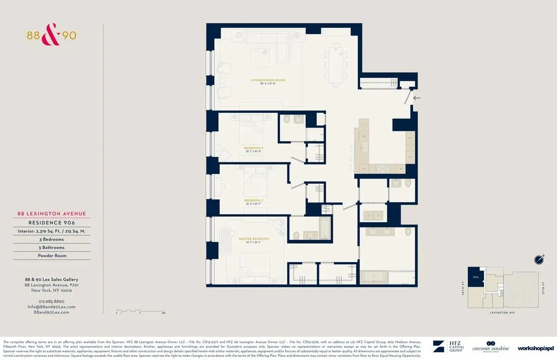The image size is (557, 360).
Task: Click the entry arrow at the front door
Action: [x=417, y=98]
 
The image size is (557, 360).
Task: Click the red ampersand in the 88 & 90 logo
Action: [x=51, y=37]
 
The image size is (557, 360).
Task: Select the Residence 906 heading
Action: [x=52, y=223]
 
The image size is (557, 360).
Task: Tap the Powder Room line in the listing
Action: [x=52, y=256]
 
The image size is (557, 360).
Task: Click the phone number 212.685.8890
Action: [x=51, y=301]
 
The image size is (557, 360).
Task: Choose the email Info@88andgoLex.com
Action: [x=51, y=307]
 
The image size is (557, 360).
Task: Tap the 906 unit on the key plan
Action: [x=475, y=277]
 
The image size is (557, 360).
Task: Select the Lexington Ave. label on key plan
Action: [x=503, y=313]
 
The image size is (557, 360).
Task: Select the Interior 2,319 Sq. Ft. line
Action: [x=52, y=231]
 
